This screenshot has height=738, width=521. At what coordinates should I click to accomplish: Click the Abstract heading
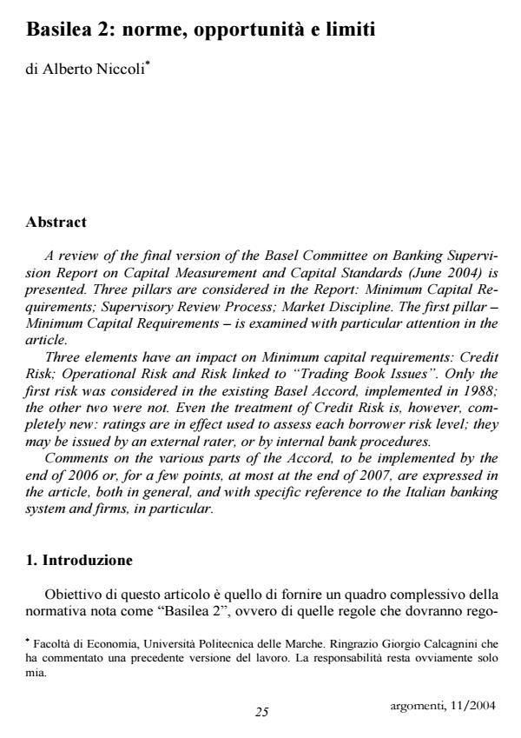click(x=56, y=223)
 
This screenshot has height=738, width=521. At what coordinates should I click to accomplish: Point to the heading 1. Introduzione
click(x=79, y=560)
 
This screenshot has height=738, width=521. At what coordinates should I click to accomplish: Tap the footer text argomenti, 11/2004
click(x=440, y=705)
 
